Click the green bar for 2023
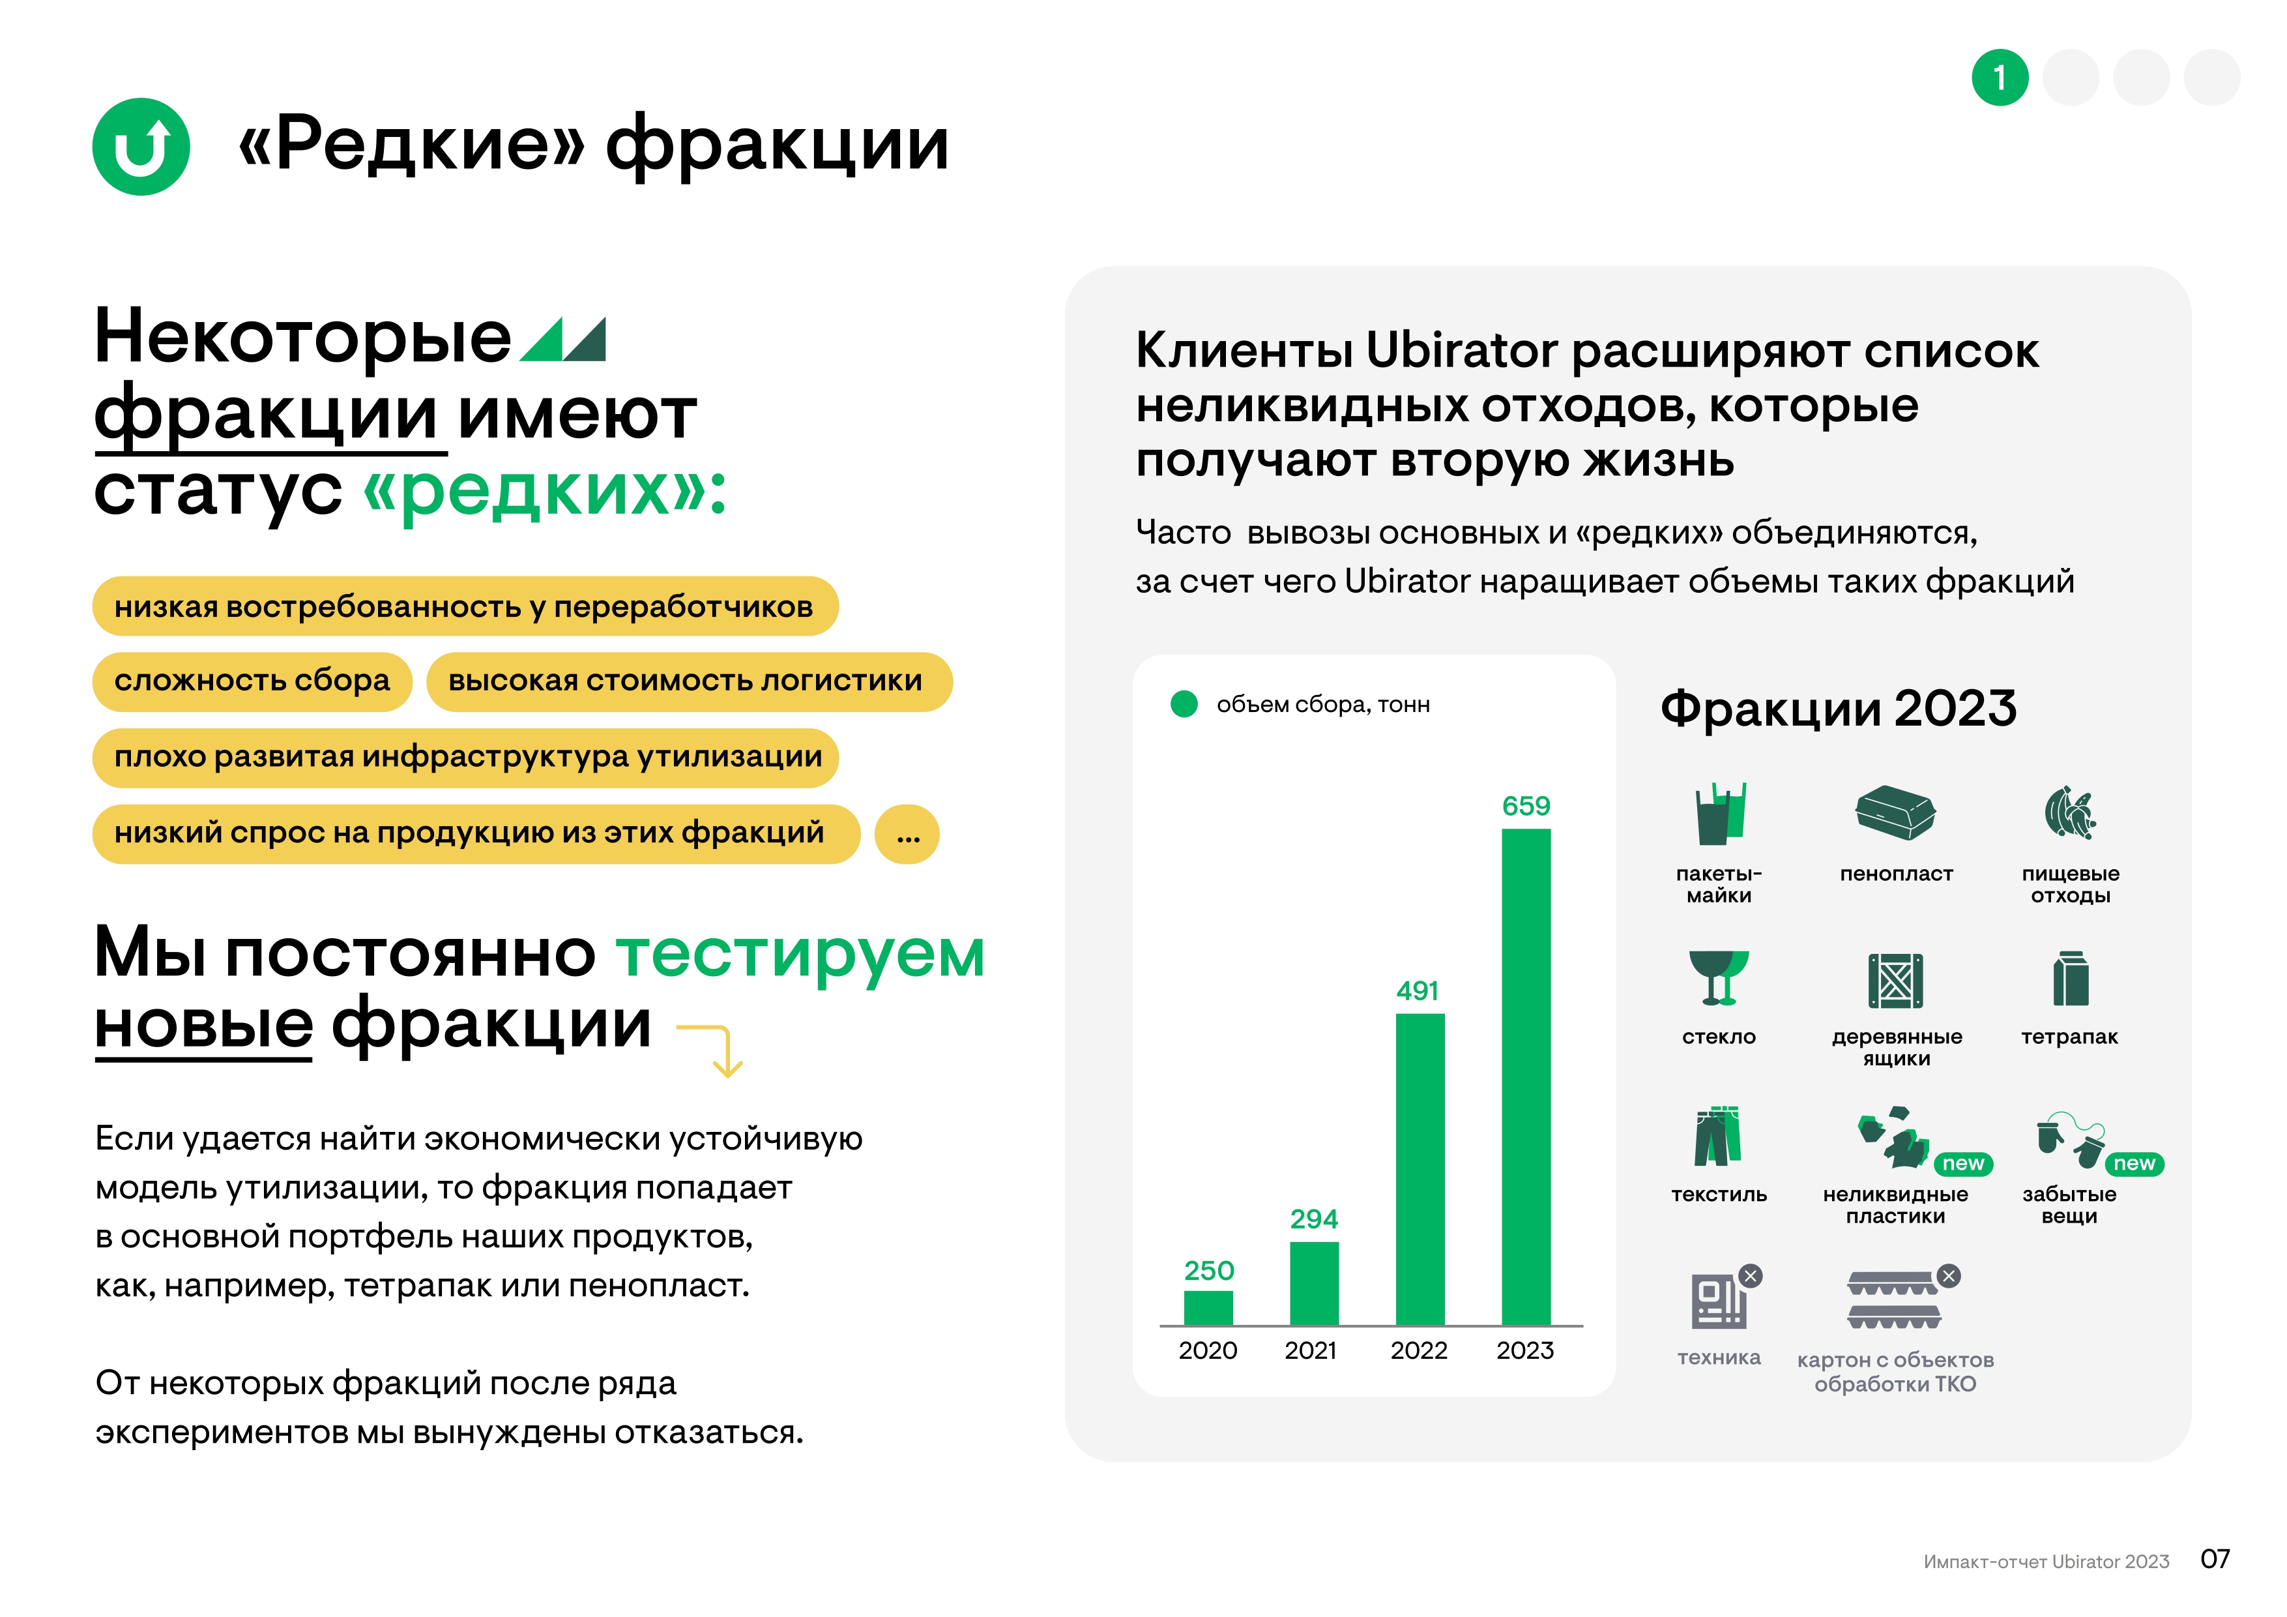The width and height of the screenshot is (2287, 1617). tap(1525, 1076)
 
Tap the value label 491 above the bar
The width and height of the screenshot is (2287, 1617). tap(1418, 990)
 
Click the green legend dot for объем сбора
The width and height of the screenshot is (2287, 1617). tap(1184, 704)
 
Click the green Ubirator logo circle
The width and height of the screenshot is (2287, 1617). tap(141, 147)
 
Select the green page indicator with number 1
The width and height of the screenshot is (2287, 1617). tap(1999, 78)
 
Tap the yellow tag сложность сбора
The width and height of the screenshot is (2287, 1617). tap(252, 681)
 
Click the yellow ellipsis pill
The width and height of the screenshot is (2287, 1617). tap(907, 834)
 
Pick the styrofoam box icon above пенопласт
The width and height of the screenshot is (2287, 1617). tap(1895, 812)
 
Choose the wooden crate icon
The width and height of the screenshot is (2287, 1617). tap(1895, 981)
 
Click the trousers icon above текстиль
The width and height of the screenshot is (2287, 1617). tap(1717, 1136)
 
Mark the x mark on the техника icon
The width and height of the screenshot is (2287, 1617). tap(1750, 1275)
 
